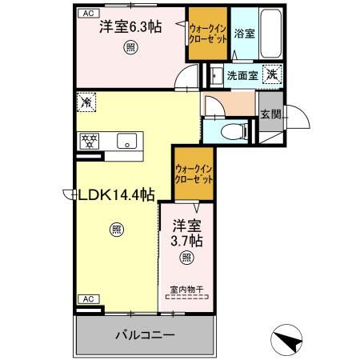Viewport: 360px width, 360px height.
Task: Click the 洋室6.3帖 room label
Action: pos(130,27)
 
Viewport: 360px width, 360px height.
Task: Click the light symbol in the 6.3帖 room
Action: pos(130,47)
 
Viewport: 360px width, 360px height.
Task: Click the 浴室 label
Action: pos(244,34)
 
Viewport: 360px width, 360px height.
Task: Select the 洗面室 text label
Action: pos(241,76)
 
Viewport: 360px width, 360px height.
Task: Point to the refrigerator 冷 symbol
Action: pos(86,102)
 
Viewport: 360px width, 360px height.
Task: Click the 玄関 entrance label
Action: pos(270,115)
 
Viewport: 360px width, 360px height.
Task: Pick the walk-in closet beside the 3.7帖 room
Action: pos(194,174)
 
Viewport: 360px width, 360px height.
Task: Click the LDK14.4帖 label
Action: pos(114,194)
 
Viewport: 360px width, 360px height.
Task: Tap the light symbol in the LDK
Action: pos(117,230)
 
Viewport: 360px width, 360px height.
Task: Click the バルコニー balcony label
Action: pos(144,334)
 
